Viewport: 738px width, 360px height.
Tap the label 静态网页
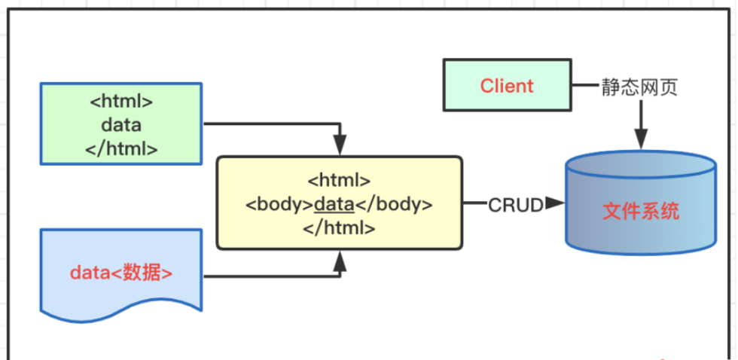(639, 87)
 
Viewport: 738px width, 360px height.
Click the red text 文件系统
(641, 212)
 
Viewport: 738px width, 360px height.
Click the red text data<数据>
(121, 272)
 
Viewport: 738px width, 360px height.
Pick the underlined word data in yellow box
(334, 204)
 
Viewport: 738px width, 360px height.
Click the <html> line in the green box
(121, 102)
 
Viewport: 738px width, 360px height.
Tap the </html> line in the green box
(121, 148)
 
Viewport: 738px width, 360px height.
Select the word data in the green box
(121, 125)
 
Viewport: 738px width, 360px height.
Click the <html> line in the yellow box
(339, 181)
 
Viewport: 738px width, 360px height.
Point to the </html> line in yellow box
(339, 227)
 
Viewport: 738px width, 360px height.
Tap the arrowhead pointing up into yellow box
(340, 261)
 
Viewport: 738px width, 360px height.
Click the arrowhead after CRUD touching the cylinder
(556, 203)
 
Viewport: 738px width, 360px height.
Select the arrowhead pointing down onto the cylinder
(640, 139)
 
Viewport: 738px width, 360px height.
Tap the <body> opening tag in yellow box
(279, 204)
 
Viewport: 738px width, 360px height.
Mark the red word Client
(506, 86)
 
